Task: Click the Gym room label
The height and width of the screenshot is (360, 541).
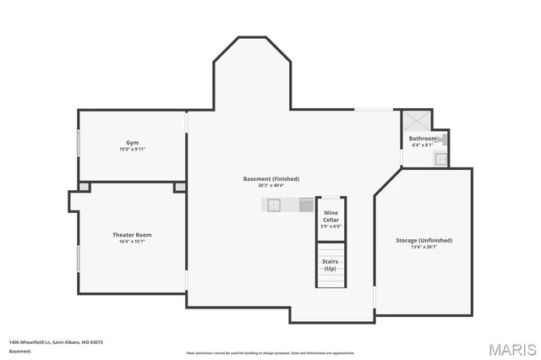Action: (x=132, y=143)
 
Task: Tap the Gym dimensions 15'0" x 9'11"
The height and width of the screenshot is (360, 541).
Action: (x=132, y=150)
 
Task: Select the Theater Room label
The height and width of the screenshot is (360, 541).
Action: (x=132, y=234)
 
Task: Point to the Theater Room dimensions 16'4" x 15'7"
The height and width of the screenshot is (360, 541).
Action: (x=132, y=241)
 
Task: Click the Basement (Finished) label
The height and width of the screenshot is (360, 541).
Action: (x=270, y=178)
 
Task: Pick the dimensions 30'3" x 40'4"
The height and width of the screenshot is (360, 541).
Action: (x=270, y=185)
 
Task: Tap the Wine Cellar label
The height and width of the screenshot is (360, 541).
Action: (x=331, y=215)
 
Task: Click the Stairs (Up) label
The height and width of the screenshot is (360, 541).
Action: (x=330, y=265)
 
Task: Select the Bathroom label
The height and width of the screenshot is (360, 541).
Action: (x=423, y=139)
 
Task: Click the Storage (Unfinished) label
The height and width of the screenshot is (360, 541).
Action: (x=424, y=240)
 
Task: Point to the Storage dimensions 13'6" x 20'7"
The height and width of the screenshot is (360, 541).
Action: (x=424, y=247)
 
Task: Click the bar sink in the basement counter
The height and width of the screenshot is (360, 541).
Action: (x=274, y=205)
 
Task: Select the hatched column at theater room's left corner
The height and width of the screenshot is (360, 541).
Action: (x=84, y=187)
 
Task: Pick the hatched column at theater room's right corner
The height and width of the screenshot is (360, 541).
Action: (x=179, y=187)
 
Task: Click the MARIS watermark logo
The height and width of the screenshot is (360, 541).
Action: (x=506, y=348)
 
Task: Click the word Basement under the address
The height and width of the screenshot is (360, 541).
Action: (x=19, y=350)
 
